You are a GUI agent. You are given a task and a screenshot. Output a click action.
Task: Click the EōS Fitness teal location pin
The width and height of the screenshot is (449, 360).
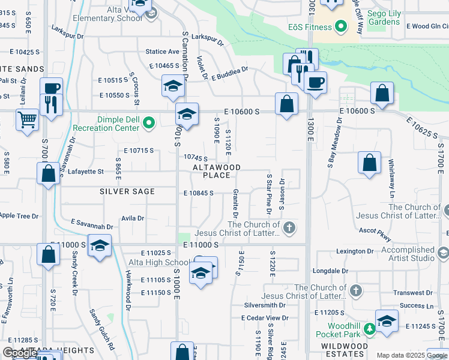pyautogui.click(x=341, y=26)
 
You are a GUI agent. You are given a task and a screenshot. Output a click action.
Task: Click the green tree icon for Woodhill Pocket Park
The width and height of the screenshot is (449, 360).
pyautogui.click(x=370, y=328)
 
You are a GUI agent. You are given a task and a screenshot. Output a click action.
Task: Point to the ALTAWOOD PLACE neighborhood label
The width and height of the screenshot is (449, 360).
pyautogui.click(x=217, y=171)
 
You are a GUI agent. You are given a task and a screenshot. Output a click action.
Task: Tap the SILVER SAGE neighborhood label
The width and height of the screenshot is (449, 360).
pyautogui.click(x=127, y=191)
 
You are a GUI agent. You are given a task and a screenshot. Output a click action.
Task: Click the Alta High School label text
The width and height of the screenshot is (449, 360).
pyautogui.click(x=159, y=262)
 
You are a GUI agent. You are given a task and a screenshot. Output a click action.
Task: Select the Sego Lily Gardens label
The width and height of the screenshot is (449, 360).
pyautogui.click(x=376, y=17)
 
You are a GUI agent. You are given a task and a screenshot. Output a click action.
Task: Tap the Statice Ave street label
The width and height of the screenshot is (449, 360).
pyautogui.click(x=162, y=52)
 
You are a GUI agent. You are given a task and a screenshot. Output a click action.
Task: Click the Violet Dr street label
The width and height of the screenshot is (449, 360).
pyautogui.click(x=202, y=68)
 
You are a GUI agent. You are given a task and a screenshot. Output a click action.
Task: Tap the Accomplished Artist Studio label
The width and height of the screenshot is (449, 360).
pyautogui.click(x=408, y=254)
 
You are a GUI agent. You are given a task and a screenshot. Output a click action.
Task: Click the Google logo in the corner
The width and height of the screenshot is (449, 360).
pyautogui.click(x=20, y=353)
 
